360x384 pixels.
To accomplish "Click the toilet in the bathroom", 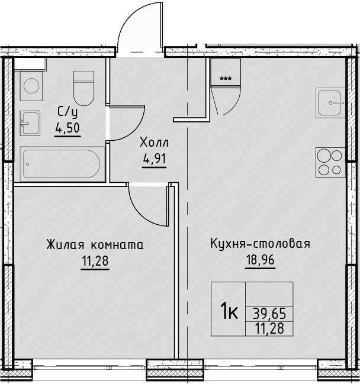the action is pyautogui.click(x=84, y=88).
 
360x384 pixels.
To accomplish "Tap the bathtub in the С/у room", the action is pyautogui.click(x=62, y=164).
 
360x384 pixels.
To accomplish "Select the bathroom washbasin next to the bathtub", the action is pyautogui.click(x=30, y=123).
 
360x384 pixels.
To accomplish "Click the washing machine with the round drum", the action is pyautogui.click(x=31, y=86).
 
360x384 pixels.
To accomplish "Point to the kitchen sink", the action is pyautogui.click(x=330, y=102).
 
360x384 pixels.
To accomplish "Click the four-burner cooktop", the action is pyautogui.click(x=330, y=162).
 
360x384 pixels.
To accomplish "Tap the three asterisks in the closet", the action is pyautogui.click(x=226, y=79).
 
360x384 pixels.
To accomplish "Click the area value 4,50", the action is pyautogui.click(x=67, y=128).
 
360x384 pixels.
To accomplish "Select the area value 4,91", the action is pyautogui.click(x=155, y=159).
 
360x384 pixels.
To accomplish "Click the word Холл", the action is pyautogui.click(x=154, y=143).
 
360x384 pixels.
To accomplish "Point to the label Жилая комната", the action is pyautogui.click(x=95, y=245).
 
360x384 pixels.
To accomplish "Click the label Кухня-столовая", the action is pyautogui.click(x=261, y=244).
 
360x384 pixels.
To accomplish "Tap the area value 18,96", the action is pyautogui.click(x=261, y=260).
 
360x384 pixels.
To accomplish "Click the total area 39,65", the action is pyautogui.click(x=269, y=314).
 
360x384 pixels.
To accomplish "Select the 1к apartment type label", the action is pyautogui.click(x=229, y=310).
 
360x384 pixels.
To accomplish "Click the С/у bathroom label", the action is pyautogui.click(x=67, y=112).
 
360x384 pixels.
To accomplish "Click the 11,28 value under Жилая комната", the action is pyautogui.click(x=95, y=261).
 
